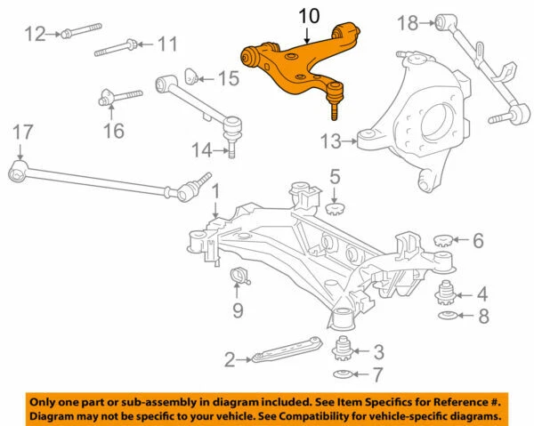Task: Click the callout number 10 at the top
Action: (307, 15)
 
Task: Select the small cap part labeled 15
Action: (192, 76)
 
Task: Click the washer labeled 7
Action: (342, 374)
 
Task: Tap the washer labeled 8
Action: (449, 317)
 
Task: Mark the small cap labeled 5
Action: (336, 210)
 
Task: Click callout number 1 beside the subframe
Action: (214, 190)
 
